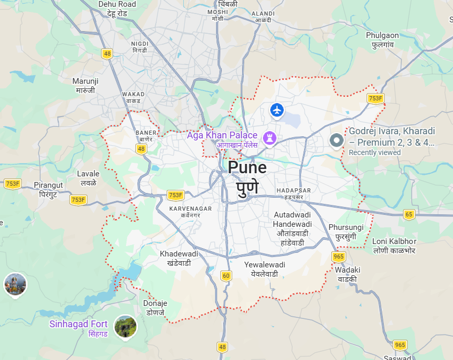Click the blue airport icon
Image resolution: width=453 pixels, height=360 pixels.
[x=277, y=110]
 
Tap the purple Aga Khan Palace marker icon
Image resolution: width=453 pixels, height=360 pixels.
[x=270, y=137]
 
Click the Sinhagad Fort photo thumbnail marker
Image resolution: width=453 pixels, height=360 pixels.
[x=125, y=326]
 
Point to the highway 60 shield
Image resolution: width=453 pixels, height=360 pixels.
[x=225, y=275]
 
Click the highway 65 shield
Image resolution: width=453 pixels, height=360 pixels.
[x=409, y=214]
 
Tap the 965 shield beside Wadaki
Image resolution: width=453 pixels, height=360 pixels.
[x=338, y=256]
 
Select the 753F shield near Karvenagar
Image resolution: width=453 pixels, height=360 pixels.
[x=175, y=195]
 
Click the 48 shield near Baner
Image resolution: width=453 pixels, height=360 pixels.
[x=141, y=149]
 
